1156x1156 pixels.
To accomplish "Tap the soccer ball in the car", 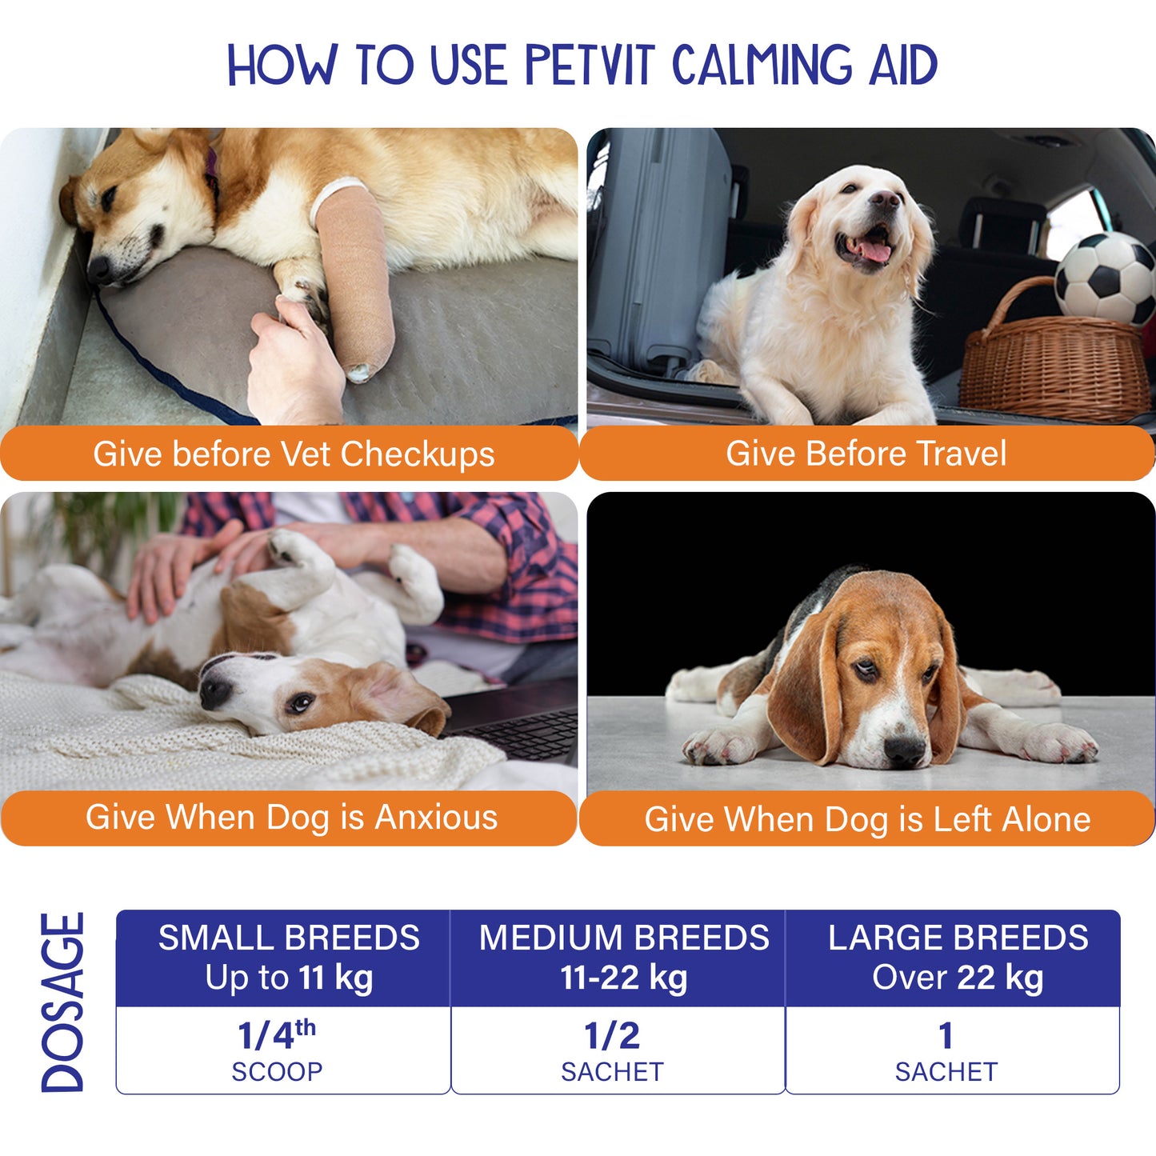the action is [x=1104, y=277].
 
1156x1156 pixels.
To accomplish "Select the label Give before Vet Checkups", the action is [x=294, y=454].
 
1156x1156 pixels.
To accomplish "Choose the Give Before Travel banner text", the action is [x=866, y=453].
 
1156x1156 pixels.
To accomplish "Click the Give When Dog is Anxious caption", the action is [x=291, y=818].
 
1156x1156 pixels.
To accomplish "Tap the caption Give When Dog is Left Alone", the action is [x=867, y=819].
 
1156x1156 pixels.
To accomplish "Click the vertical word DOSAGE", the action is [x=63, y=1002].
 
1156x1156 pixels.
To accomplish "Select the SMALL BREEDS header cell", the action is [x=283, y=958].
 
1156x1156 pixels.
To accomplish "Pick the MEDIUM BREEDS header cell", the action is [x=618, y=958].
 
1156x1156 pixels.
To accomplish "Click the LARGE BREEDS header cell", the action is [x=953, y=958].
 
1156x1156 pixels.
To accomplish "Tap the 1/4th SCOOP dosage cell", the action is [x=283, y=1050].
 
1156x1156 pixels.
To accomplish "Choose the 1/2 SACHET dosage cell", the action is [x=618, y=1050].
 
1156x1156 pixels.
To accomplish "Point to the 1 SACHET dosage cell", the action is [x=953, y=1050].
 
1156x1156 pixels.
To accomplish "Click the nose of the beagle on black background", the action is [x=906, y=750].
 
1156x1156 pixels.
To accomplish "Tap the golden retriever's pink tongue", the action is [x=875, y=250].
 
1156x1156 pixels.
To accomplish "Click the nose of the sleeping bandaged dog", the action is [x=100, y=270].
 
